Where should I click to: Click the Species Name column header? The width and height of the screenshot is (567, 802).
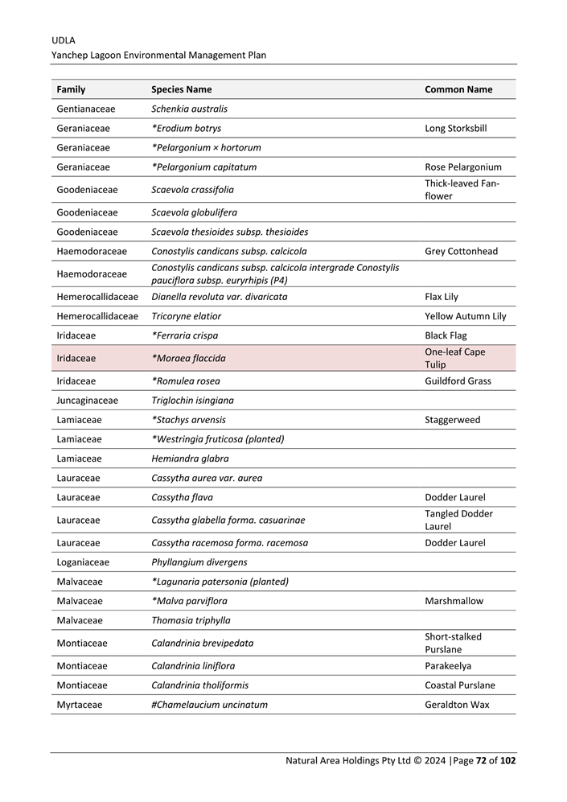click(181, 89)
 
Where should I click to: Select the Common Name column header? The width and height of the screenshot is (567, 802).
click(458, 89)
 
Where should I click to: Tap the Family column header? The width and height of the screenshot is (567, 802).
click(71, 89)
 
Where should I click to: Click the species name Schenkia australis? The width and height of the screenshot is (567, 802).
click(189, 109)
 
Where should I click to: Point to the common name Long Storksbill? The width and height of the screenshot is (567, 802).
click(455, 128)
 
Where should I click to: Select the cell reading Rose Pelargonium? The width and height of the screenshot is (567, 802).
click(462, 167)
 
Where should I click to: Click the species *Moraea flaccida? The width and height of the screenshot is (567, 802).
click(188, 358)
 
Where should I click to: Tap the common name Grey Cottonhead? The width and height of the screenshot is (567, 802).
click(461, 251)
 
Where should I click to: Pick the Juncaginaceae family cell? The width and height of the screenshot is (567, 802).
click(87, 400)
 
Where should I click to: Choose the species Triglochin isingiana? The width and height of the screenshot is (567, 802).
click(192, 400)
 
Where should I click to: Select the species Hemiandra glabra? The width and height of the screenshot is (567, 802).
click(190, 459)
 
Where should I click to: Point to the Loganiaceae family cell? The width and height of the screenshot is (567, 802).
click(83, 562)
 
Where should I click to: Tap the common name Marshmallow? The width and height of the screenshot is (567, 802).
click(453, 601)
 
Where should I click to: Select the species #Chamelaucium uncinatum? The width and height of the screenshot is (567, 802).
click(209, 705)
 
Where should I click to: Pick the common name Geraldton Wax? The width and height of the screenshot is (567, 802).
click(457, 705)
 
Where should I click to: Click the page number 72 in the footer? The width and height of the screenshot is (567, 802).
click(481, 760)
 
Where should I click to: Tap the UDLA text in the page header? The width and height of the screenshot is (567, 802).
click(64, 39)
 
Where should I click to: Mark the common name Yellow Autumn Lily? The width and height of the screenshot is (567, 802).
click(465, 316)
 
